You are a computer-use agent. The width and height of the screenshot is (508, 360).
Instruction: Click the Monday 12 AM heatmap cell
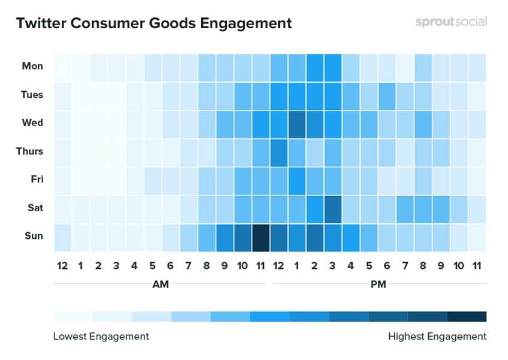(x=62, y=67)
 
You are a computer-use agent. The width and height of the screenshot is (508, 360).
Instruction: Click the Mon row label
(x=32, y=66)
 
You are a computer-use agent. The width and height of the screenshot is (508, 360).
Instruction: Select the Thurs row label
(x=29, y=151)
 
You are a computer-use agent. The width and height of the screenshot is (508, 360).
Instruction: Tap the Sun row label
(x=34, y=236)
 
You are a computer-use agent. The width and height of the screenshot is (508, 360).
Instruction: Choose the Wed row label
(x=32, y=122)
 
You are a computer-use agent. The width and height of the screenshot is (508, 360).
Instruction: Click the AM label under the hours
(x=161, y=284)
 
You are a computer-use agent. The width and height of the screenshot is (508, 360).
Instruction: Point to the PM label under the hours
(x=378, y=284)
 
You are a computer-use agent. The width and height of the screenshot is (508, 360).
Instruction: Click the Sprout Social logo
(x=451, y=22)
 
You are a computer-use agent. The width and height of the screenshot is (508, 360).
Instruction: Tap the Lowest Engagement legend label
(x=101, y=337)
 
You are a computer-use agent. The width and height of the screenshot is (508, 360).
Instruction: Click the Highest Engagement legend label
(x=437, y=337)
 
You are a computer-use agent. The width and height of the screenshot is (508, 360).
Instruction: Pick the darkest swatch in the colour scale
(x=467, y=316)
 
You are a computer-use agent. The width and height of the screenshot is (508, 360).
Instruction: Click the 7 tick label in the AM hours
(x=188, y=265)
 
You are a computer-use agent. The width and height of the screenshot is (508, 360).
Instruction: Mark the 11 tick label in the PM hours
(x=477, y=265)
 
